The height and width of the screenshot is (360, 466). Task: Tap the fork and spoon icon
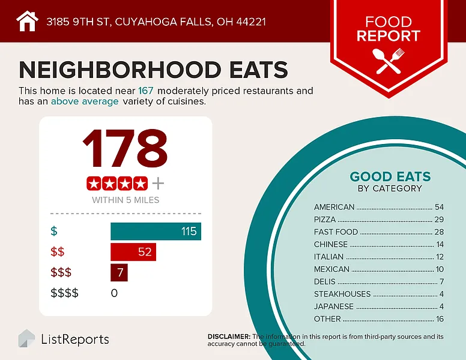(x=390, y=61)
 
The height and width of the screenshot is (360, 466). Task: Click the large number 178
(x=125, y=149)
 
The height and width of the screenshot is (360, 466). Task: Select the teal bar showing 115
(x=156, y=231)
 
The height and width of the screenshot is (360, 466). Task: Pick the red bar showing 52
(x=133, y=251)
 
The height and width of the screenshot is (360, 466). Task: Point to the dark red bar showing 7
(x=119, y=272)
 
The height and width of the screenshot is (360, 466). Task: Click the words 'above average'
(x=85, y=101)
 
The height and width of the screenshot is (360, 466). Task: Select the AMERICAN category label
(x=334, y=207)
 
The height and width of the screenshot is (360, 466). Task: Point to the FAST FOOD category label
(x=336, y=232)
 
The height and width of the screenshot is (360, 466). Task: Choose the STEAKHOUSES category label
(x=342, y=294)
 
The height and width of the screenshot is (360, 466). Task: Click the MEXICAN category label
(x=331, y=269)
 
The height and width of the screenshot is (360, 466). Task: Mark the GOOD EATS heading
(x=390, y=176)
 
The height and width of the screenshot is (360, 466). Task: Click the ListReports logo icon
(x=26, y=338)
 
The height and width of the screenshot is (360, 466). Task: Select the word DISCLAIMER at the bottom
(x=229, y=337)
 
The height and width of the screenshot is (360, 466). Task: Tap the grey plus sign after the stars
(x=158, y=182)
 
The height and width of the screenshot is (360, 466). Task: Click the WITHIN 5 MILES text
(x=126, y=200)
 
